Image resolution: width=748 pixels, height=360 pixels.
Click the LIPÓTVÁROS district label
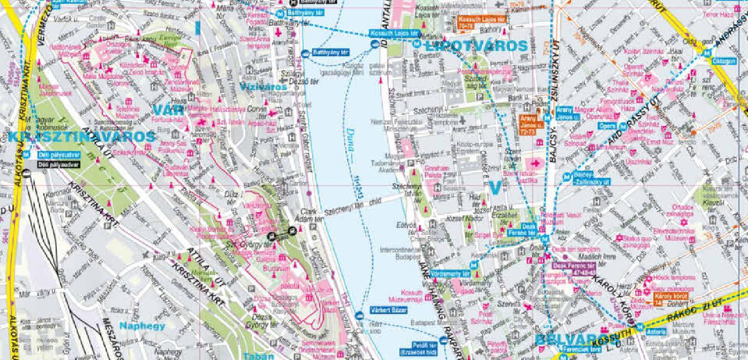[476, 46]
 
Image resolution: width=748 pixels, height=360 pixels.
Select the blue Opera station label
[608, 125]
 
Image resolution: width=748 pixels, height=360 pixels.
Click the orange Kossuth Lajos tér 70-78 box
[482, 22]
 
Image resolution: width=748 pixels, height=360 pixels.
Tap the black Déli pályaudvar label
[58, 164]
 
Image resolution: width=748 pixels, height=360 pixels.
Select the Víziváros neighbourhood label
[263, 87]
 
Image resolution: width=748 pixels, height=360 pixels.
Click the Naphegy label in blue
[142, 326]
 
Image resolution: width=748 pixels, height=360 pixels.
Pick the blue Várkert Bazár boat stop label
[388, 310]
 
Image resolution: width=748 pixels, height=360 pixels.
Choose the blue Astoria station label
[657, 331]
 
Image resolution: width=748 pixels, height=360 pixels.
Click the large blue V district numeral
[495, 188]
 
